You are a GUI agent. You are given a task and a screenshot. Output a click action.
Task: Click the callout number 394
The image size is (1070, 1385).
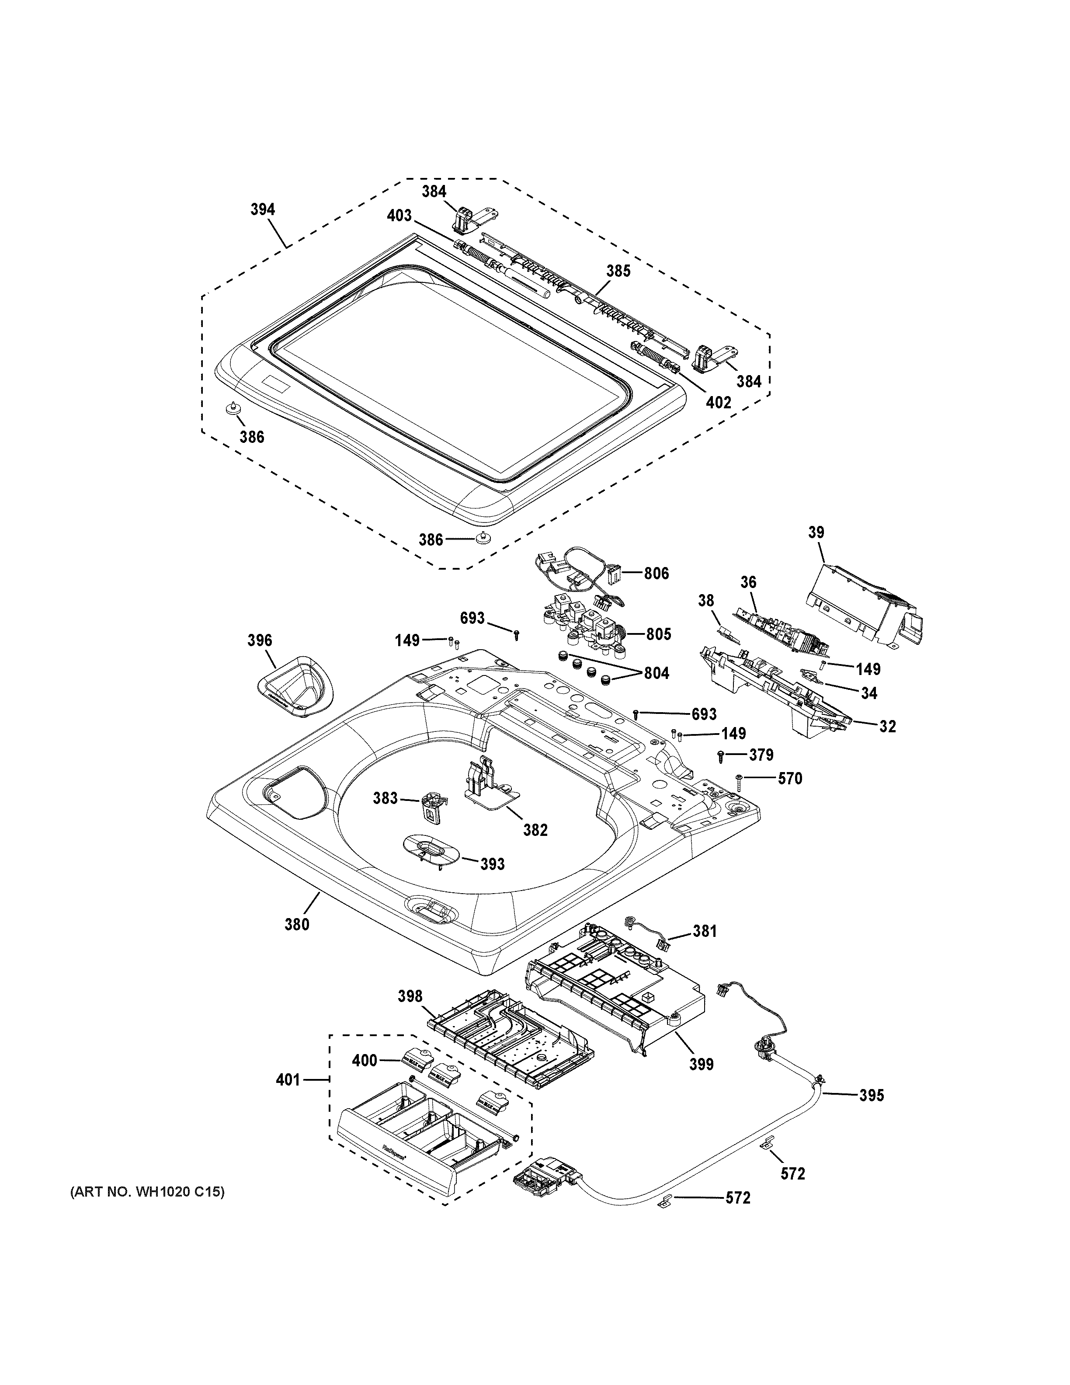[x=262, y=209]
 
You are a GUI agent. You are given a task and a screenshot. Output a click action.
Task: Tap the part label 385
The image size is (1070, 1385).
[x=618, y=271]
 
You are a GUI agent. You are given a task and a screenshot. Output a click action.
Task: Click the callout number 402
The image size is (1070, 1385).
[x=718, y=402]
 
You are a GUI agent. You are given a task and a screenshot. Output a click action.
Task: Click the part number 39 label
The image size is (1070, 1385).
[x=816, y=532]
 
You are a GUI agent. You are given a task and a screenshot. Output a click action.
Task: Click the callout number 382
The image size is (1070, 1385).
[x=535, y=829]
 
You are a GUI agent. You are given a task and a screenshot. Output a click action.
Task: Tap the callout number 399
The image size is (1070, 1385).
[x=702, y=1064]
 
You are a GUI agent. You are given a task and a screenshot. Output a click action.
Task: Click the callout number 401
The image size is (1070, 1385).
[x=287, y=1079]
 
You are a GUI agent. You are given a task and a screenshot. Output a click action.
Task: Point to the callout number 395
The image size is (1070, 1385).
[x=871, y=1095]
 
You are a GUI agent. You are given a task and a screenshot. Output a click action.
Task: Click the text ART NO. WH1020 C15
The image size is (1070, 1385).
[x=146, y=1192]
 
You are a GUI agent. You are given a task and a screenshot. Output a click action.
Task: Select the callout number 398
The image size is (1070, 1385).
[x=410, y=996]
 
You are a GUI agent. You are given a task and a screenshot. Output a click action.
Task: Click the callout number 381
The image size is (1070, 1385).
[x=704, y=932]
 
